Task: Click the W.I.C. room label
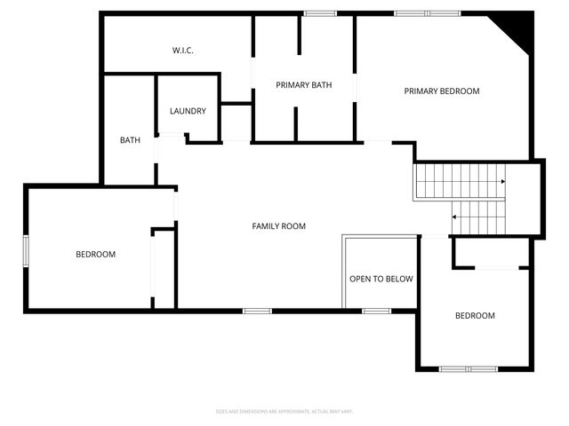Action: click(x=183, y=51)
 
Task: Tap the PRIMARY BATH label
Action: click(x=304, y=85)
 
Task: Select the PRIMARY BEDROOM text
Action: click(x=442, y=91)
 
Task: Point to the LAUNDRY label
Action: click(x=188, y=112)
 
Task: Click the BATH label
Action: click(x=131, y=140)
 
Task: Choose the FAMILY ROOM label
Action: click(x=279, y=226)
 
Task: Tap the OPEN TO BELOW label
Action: click(x=381, y=279)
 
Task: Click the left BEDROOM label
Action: click(x=95, y=255)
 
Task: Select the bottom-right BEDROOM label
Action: click(x=475, y=316)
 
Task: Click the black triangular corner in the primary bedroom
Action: click(x=519, y=31)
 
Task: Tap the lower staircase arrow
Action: click(x=455, y=217)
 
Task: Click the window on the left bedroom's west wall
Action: click(x=26, y=250)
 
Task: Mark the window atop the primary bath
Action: click(x=320, y=13)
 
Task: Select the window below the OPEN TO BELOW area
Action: click(x=377, y=311)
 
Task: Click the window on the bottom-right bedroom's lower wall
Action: click(x=469, y=368)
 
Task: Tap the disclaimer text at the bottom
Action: click(x=284, y=411)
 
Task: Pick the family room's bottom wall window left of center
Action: click(x=257, y=311)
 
